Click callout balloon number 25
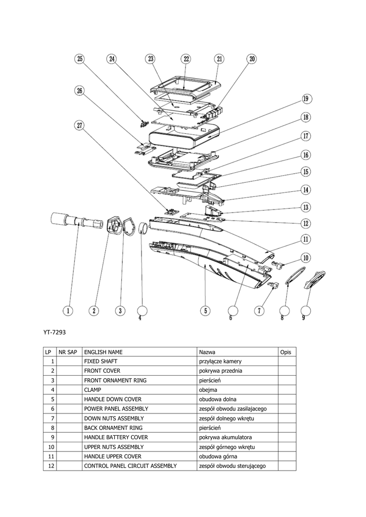point(80,59)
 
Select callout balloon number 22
point(186,59)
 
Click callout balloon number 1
point(68,311)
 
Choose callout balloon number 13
point(306,207)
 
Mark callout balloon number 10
point(306,258)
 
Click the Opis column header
point(286,352)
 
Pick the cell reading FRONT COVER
point(102,371)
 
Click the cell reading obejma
point(209,390)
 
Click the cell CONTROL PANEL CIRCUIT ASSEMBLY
point(130,466)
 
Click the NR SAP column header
point(68,352)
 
